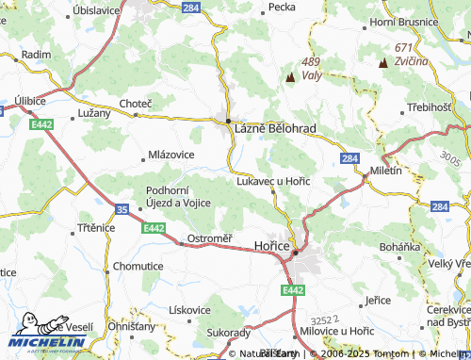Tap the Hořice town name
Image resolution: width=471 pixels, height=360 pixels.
click(x=271, y=244)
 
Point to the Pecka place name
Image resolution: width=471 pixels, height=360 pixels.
click(x=282, y=7)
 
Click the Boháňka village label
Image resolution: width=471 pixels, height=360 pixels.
click(x=398, y=247)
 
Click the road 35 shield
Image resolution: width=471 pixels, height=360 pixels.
click(x=122, y=207)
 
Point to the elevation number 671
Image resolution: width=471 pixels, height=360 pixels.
click(x=405, y=47)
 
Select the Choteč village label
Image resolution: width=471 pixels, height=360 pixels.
click(x=135, y=103)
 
